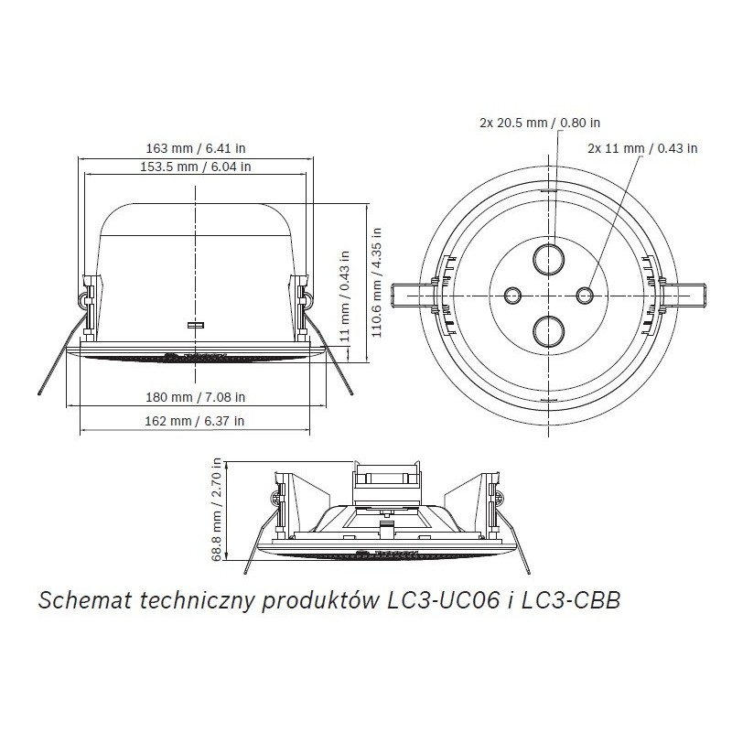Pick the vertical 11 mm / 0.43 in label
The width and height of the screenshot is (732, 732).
click(345, 296)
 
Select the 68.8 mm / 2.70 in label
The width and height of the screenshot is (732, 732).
click(218, 510)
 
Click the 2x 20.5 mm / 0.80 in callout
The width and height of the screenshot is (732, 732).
click(540, 122)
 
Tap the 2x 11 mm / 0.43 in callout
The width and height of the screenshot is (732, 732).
click(642, 146)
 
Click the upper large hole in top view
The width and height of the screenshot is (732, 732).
click(547, 258)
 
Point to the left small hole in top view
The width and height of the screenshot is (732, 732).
click(513, 294)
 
